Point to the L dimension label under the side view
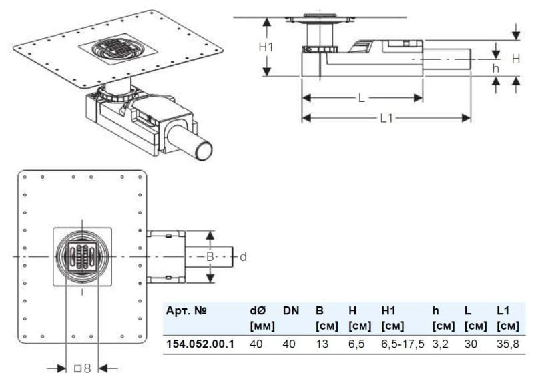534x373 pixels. click(x=361, y=98)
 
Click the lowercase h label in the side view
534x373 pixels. click(x=495, y=69)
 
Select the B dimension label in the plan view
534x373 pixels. click(x=209, y=256)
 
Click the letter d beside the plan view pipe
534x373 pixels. click(x=243, y=256)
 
